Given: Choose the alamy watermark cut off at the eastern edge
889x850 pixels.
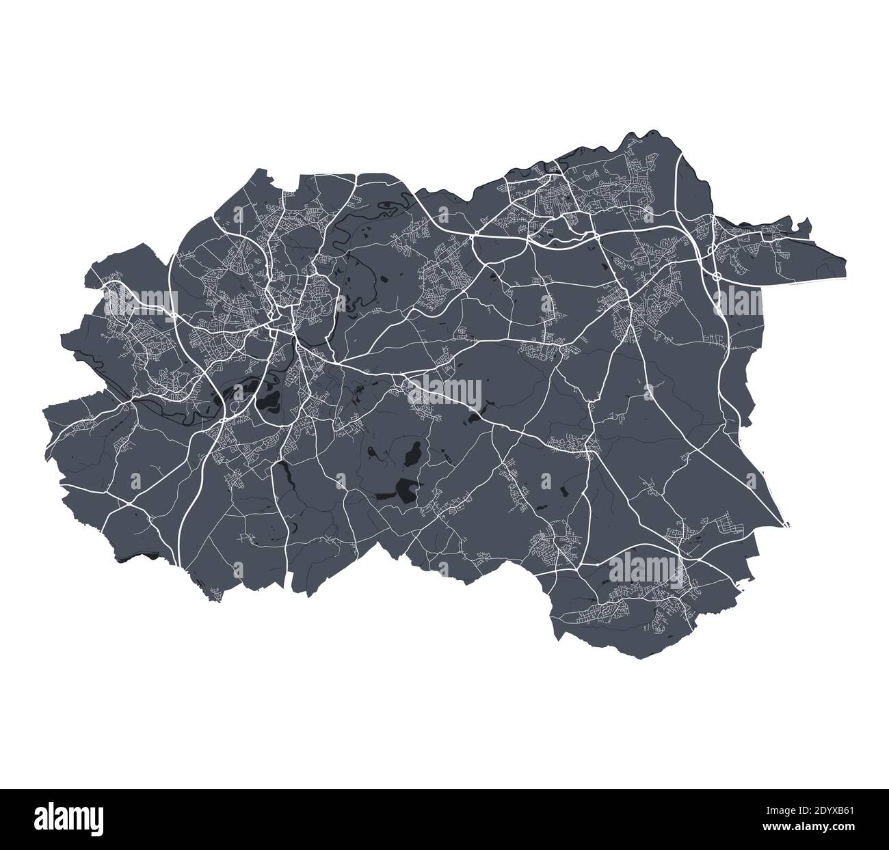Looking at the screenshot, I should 737,301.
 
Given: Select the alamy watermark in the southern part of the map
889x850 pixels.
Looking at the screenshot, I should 643,566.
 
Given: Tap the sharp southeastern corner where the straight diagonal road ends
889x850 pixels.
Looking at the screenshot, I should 787,525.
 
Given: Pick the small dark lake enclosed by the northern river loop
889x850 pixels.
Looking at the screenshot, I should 389,203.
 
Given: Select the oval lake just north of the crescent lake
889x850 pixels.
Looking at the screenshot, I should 413,454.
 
